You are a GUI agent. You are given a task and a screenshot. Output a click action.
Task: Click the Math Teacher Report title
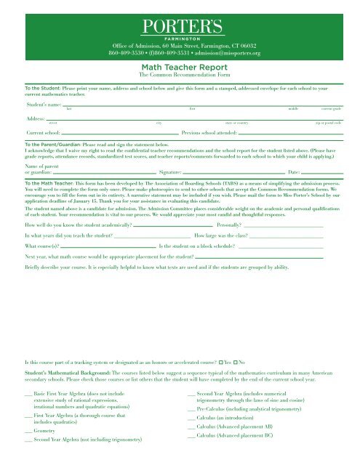[180, 65]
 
